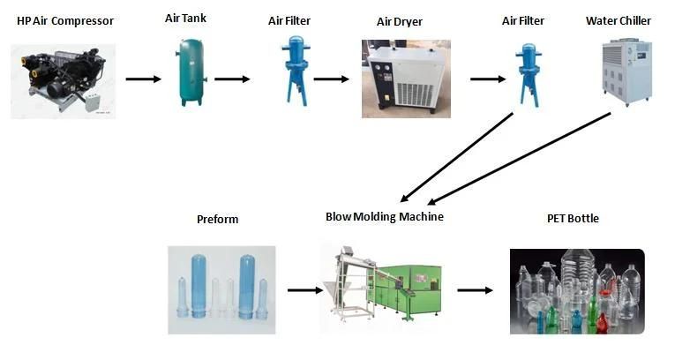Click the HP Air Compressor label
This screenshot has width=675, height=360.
(64, 20)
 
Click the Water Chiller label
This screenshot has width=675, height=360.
(618, 20)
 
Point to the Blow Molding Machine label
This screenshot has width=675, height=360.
(384, 216)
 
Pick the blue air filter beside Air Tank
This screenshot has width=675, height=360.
(292, 70)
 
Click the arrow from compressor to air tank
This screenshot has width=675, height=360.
(143, 79)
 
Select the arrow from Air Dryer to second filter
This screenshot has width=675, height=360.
(487, 79)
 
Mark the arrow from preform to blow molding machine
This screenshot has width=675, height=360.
(304, 289)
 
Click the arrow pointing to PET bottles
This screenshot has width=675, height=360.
(475, 289)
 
